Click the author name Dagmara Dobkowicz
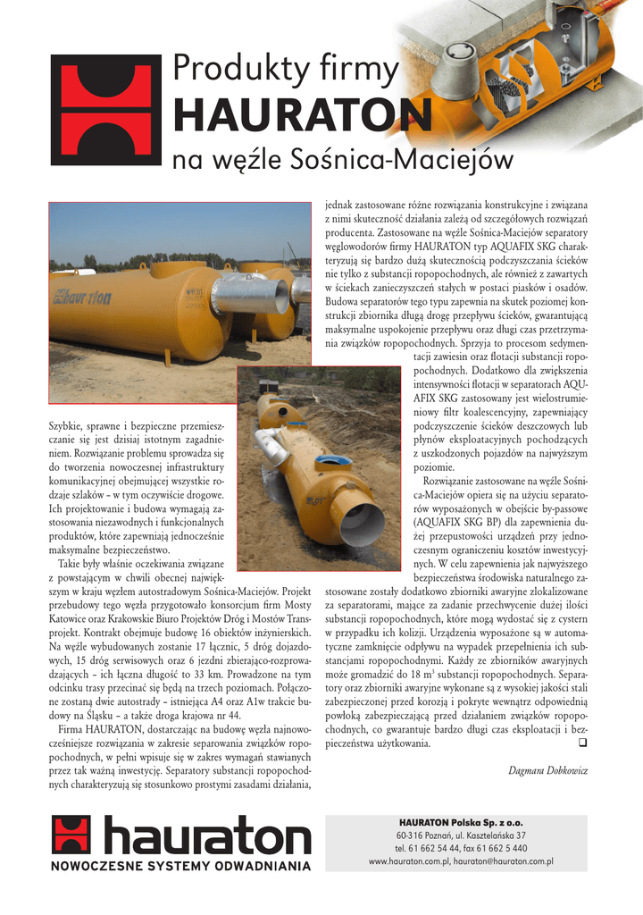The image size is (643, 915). pyautogui.click(x=547, y=770)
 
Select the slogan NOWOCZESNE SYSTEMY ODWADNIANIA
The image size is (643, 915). pyautogui.click(x=180, y=866)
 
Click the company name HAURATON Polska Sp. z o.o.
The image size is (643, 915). pyautogui.click(x=461, y=821)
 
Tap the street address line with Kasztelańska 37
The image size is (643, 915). pyautogui.click(x=461, y=835)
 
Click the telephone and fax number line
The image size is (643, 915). pyautogui.click(x=461, y=848)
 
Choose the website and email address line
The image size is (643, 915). pyautogui.click(x=461, y=861)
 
